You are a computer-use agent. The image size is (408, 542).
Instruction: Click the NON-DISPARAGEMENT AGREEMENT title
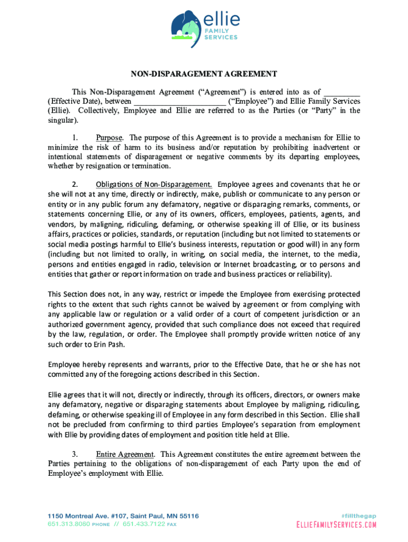click(204, 74)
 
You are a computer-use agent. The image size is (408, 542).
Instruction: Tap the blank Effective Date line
click(342, 91)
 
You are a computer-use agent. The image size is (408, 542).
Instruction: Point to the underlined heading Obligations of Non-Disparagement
click(154, 185)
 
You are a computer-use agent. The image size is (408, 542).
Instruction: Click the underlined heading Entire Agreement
click(125, 454)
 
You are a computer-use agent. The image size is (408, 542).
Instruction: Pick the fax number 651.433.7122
click(144, 525)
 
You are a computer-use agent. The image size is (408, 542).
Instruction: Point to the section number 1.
click(75, 138)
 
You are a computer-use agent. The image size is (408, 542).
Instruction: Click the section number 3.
click(75, 454)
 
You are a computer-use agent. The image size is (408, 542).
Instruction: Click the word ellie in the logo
click(221, 20)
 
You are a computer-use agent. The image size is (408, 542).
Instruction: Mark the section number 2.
click(75, 185)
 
